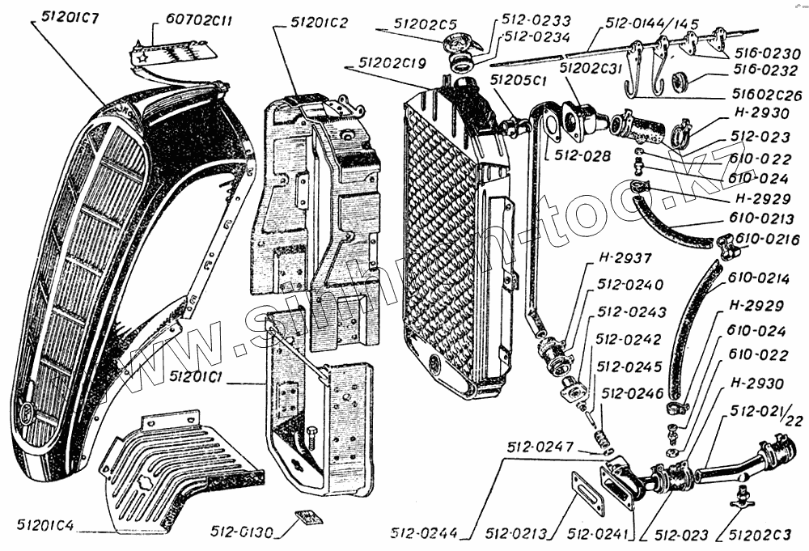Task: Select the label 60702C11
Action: (x=199, y=21)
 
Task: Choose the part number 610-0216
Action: (x=769, y=239)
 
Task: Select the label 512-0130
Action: (x=241, y=532)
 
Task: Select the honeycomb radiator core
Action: (x=441, y=235)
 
